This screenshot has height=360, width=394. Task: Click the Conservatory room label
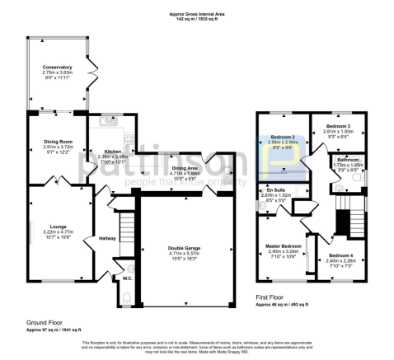tap(58, 68)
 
